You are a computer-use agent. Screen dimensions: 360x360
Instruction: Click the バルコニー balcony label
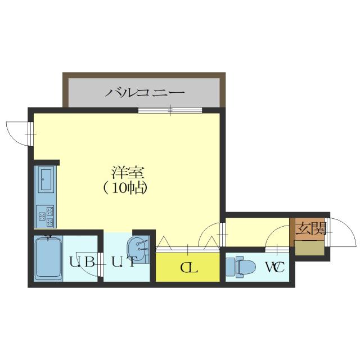(x=145, y=91)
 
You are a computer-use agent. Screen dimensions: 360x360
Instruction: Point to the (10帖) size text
(x=125, y=187)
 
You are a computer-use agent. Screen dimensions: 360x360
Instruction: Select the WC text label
(x=274, y=267)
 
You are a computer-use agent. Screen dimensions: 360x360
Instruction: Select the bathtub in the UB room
(x=47, y=259)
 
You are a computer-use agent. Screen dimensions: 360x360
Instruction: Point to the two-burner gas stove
(x=45, y=214)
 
